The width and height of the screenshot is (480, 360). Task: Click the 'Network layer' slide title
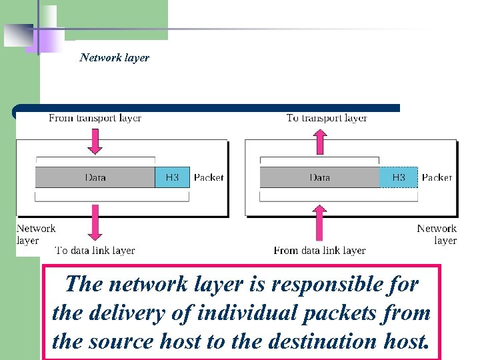point(114,57)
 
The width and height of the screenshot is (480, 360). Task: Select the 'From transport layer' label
point(95,118)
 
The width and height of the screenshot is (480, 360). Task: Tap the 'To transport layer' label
point(327,118)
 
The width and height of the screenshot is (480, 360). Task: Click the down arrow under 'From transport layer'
point(95,141)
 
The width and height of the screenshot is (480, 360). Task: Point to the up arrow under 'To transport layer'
point(321,141)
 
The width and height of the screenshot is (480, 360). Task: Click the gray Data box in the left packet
point(95,177)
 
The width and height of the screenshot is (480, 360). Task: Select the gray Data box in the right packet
point(319,177)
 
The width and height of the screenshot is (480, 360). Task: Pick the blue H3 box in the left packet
point(172,177)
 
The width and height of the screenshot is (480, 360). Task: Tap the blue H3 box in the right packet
point(398,177)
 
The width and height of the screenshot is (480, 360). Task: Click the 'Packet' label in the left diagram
point(209,177)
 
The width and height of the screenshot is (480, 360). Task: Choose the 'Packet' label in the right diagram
point(437,177)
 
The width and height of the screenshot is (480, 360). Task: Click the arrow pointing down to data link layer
point(95,223)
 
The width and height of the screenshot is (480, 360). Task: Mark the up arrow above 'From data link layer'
point(321,223)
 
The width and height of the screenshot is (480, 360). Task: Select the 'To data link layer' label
point(95,251)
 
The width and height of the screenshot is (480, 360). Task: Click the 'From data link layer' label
point(319,251)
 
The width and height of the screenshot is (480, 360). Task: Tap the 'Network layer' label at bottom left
point(36,234)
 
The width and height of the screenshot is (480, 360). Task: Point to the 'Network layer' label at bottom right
point(437,234)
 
